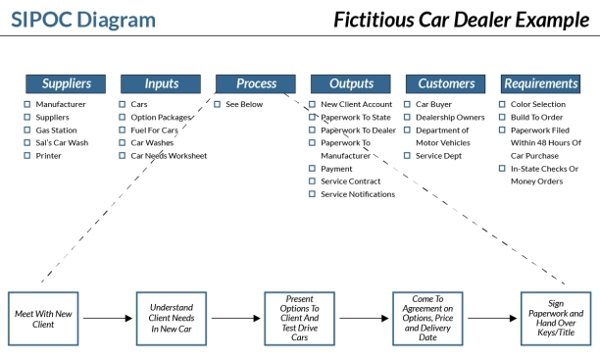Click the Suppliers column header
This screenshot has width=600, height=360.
[66, 84]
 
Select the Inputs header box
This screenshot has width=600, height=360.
[161, 84]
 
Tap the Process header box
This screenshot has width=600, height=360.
[256, 84]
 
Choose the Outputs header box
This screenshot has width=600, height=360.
[351, 84]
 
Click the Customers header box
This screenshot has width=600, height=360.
[446, 84]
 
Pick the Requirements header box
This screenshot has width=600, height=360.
[541, 84]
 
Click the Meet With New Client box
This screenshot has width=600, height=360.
[41, 319]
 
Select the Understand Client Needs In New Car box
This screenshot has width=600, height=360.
[170, 319]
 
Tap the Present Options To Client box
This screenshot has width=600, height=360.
[299, 319]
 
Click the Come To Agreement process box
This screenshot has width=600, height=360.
[427, 319]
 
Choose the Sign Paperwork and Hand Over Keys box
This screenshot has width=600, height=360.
[555, 319]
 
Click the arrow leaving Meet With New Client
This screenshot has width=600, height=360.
[106, 319]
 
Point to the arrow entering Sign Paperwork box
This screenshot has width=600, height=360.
[490, 319]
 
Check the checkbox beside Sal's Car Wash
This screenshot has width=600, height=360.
[27, 142]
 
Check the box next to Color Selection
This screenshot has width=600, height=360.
[502, 104]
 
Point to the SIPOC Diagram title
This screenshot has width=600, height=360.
[83, 20]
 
